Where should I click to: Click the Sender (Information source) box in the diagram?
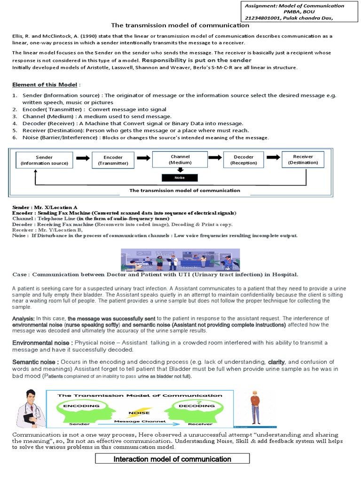click(44, 160)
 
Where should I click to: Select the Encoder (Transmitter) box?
click(113, 160)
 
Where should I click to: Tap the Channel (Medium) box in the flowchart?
click(180, 159)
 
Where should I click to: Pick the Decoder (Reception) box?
click(243, 160)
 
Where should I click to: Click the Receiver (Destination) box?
click(303, 159)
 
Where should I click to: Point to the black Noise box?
click(180, 178)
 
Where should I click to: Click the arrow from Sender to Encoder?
click(82, 159)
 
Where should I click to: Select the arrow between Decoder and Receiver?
click(273, 159)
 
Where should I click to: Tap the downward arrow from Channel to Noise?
click(180, 170)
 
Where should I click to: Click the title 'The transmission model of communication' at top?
click(180, 25)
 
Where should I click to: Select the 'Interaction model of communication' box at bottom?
click(173, 459)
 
